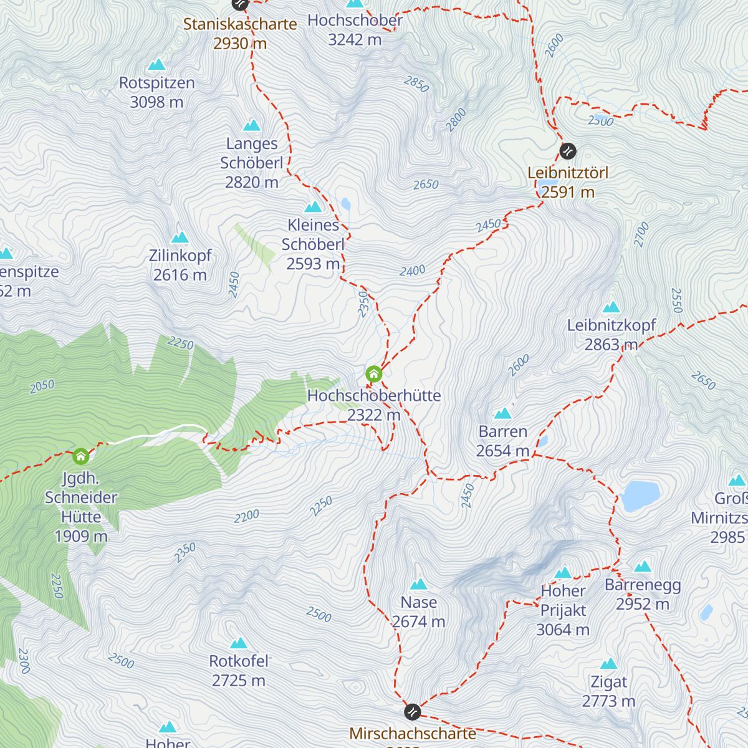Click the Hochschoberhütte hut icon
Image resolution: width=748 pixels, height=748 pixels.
pyautogui.click(x=373, y=374)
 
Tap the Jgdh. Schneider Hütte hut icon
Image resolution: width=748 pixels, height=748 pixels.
pyautogui.click(x=80, y=456)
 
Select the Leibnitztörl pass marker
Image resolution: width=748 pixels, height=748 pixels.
pyautogui.click(x=568, y=151)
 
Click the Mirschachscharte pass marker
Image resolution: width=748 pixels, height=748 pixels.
pyautogui.click(x=412, y=711)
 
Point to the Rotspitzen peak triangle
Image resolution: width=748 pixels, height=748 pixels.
pyautogui.click(x=156, y=65)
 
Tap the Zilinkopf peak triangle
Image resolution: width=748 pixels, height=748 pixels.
pyautogui.click(x=180, y=237)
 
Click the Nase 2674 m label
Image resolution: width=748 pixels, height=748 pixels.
pyautogui.click(x=418, y=612)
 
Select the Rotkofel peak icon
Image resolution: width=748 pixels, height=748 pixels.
pyautogui.click(x=239, y=643)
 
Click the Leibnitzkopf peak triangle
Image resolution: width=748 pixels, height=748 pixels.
pyautogui.click(x=611, y=307)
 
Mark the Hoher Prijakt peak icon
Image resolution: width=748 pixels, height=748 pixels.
pyautogui.click(x=563, y=573)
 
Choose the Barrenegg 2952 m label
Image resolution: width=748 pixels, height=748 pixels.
pyautogui.click(x=643, y=595)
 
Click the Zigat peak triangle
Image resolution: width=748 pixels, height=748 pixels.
pyautogui.click(x=608, y=664)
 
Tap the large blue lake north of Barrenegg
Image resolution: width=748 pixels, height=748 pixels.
pyautogui.click(x=640, y=496)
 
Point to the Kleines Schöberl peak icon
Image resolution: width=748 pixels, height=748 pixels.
pyautogui.click(x=313, y=207)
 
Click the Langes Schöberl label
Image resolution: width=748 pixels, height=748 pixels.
pyautogui.click(x=252, y=163)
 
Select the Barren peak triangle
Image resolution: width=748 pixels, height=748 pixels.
pyautogui.click(x=502, y=414)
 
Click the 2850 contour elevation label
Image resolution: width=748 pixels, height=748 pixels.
pyautogui.click(x=416, y=84)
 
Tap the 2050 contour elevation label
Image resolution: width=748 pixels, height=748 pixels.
pyautogui.click(x=42, y=386)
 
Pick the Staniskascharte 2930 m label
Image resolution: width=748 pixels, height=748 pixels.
pyautogui.click(x=240, y=34)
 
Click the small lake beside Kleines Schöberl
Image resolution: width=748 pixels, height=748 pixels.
pyautogui.click(x=345, y=204)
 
